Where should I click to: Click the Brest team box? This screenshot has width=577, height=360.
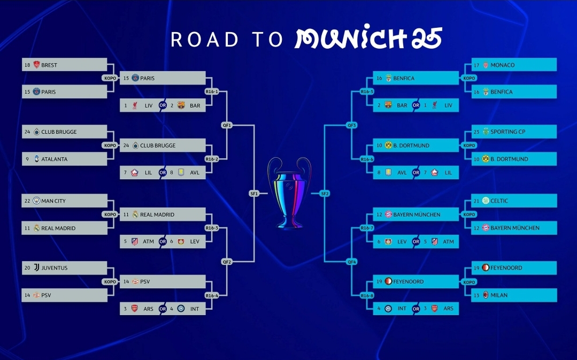tap(64, 65)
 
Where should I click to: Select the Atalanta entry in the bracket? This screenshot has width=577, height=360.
tap(64, 159)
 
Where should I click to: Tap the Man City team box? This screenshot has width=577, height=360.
tap(64, 201)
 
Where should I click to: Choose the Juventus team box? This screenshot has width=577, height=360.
tap(64, 268)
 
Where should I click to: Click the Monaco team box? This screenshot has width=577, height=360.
tap(514, 65)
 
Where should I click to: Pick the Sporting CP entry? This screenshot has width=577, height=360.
tap(514, 132)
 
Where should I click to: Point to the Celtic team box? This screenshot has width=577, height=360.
tap(514, 201)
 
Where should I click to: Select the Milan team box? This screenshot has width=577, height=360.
tap(514, 295)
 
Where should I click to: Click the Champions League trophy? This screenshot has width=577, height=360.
tap(289, 193)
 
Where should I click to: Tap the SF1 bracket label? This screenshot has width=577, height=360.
tap(254, 194)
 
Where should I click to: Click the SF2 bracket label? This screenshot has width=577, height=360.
tap(325, 194)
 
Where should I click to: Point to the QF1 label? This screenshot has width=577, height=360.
tap(227, 125)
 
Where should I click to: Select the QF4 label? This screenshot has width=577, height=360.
tap(352, 262)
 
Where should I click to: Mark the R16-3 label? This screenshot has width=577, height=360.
tap(212, 228)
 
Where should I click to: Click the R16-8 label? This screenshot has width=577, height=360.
tap(367, 296)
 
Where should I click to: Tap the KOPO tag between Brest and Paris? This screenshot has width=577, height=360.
tap(110, 78)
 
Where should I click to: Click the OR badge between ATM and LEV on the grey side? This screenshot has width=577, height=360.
tap(163, 241)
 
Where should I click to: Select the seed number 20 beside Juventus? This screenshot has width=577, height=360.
tap(27, 268)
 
